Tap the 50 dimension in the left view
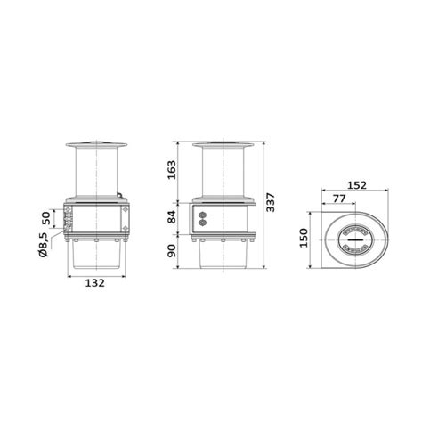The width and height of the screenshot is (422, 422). pos(46,219)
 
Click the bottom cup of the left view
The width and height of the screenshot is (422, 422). pos(96,258)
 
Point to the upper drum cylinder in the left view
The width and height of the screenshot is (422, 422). pos(96,174)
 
